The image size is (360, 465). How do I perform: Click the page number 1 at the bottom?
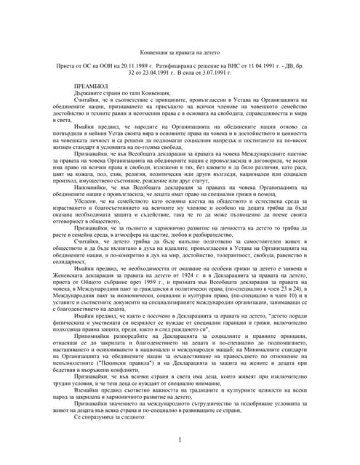tap(180, 440)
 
